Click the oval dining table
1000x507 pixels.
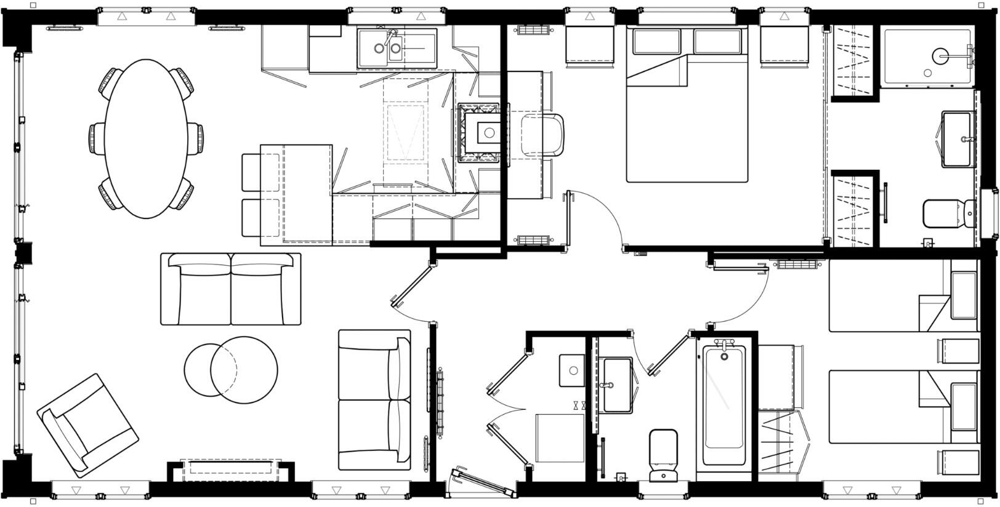coord(146,138)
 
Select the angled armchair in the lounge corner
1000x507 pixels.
coord(87,425)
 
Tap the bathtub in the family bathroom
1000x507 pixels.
coord(724,406)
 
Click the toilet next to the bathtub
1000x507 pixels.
coord(663,455)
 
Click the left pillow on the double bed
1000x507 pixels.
coord(656,42)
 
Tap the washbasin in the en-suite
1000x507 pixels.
coord(958,138)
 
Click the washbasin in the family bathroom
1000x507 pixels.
coord(616,385)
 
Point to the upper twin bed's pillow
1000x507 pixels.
coord(964,295)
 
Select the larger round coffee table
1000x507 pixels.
coord(244,370)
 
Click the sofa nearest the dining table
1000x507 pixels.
coord(231,289)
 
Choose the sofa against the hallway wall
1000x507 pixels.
coord(374,400)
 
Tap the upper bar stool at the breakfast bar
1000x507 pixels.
coord(252,172)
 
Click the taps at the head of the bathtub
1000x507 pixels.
coord(724,344)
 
